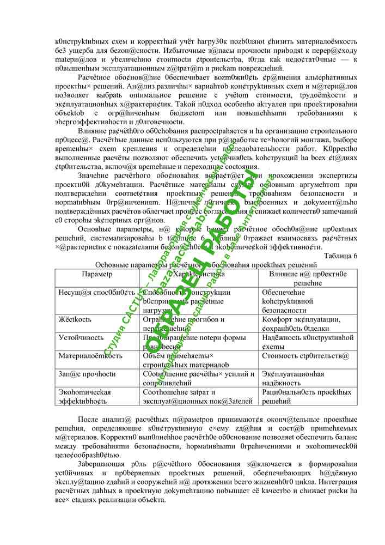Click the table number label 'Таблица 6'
coord(340,256)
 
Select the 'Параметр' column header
coord(97,274)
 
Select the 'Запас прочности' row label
coord(87,374)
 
